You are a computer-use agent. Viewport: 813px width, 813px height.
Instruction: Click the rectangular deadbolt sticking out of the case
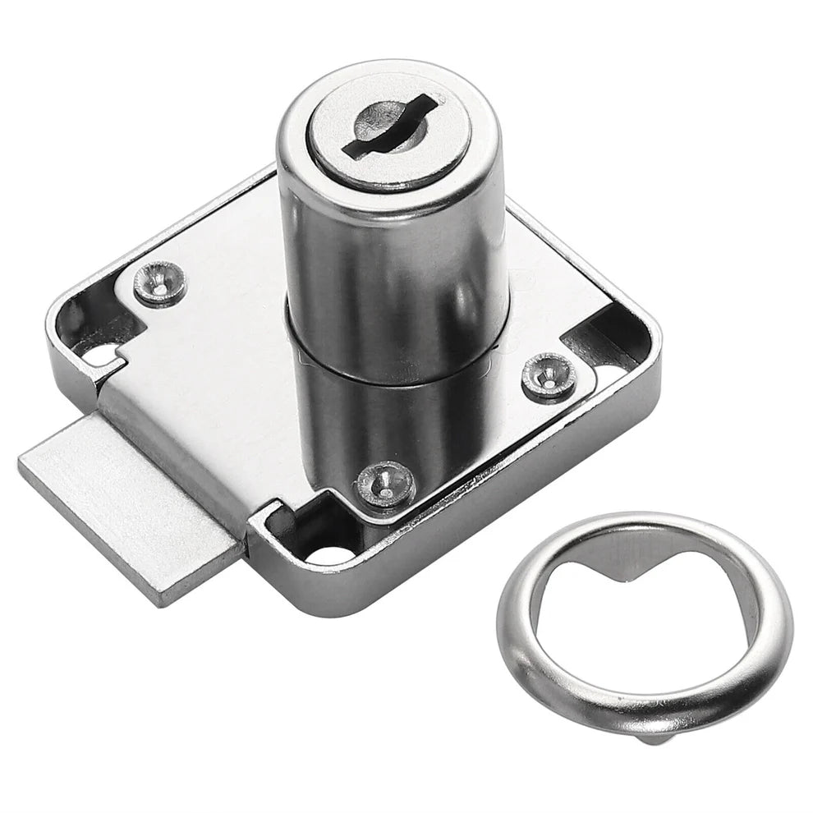coord(123,501)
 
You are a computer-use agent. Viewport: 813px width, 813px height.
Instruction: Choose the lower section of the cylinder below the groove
coord(386,419)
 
